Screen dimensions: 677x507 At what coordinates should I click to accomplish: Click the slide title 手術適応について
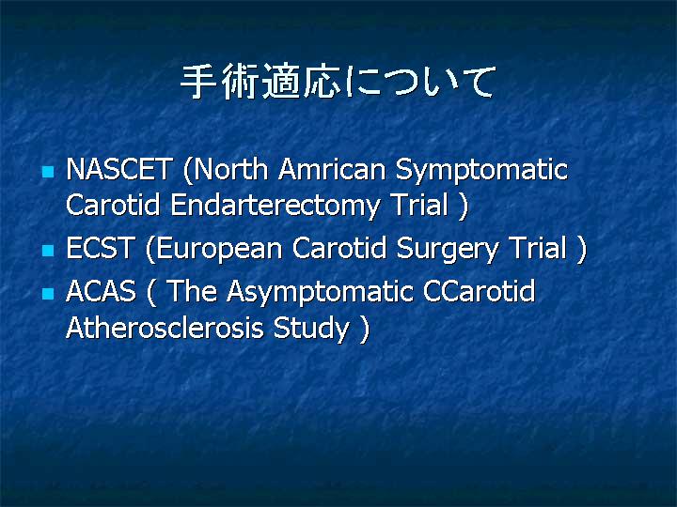pos(338,81)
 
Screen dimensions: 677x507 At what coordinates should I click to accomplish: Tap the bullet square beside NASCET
pos(48,172)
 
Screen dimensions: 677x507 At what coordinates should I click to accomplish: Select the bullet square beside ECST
pos(48,250)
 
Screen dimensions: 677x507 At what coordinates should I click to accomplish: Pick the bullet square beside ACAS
pos(48,294)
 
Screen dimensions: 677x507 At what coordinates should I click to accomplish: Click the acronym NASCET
pos(119,169)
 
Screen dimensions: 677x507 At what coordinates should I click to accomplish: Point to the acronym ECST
pos(100,248)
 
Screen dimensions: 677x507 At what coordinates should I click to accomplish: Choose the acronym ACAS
pos(101,291)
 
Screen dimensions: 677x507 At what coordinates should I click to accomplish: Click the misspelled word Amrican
pos(332,169)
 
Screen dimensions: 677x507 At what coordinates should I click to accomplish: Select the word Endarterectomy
pos(275,206)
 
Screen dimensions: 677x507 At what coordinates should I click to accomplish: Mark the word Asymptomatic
pos(320,293)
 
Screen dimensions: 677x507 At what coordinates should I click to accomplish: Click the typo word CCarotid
pos(479,291)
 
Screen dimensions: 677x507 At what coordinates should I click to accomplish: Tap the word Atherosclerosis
pos(165,328)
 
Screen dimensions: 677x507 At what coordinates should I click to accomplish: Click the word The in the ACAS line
pos(191,291)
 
